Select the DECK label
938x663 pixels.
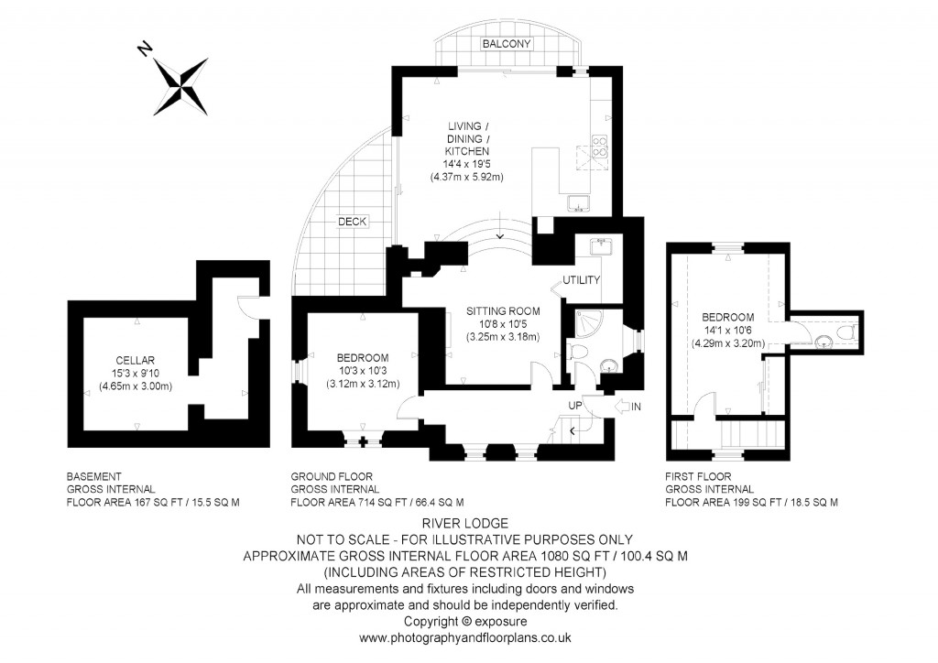pos(353,222)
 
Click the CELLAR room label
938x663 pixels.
pos(136,359)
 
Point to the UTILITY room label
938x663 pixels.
pos(582,280)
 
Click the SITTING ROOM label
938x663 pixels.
pos(502,311)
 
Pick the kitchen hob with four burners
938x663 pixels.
pos(600,147)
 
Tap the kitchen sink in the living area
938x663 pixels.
pos(578,202)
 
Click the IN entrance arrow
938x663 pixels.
pos(628,406)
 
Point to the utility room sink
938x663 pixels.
pos(602,245)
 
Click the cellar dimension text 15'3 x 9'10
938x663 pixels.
pos(136,373)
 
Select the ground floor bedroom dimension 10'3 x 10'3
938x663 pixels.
pos(363,370)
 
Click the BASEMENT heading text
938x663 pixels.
pos(93,476)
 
